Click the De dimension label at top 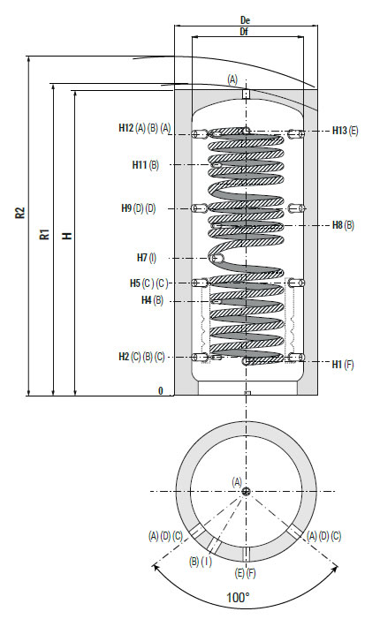(245, 19)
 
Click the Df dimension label (244, 32)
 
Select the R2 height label (20, 213)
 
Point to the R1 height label (45, 234)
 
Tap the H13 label (339, 131)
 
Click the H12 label (126, 127)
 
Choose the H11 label (139, 164)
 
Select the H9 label (126, 208)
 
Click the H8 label (338, 225)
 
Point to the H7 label (141, 258)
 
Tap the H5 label (135, 283)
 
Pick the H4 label (147, 300)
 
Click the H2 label (124, 357)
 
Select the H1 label (337, 365)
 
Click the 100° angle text (239, 597)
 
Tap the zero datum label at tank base (160, 390)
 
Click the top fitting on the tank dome (246, 94)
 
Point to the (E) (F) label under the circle (246, 572)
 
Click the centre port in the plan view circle (246, 492)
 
